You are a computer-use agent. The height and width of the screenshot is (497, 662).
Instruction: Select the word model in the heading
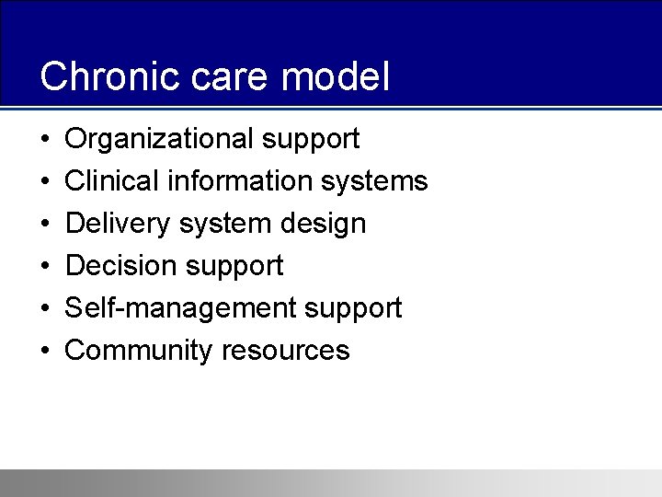tap(336, 76)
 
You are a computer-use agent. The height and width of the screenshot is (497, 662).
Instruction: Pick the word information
tap(240, 181)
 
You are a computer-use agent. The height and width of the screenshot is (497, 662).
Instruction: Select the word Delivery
tap(119, 224)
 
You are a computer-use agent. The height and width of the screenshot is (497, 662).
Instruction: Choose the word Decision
tap(118, 266)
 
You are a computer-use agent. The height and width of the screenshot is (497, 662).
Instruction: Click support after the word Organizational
tap(310, 140)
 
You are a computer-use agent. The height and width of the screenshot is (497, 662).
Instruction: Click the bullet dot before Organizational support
tap(45, 140)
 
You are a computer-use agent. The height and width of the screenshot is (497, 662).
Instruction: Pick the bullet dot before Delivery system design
tap(45, 225)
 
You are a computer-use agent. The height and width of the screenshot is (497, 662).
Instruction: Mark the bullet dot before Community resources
tap(45, 352)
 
